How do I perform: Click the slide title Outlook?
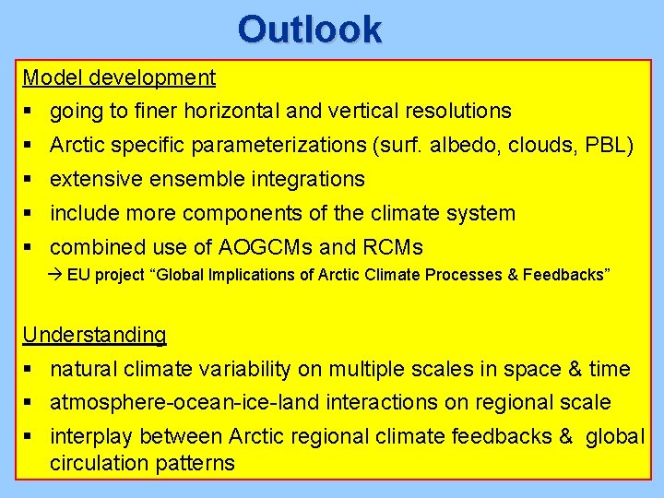pos(309,30)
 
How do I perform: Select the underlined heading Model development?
pos(119,78)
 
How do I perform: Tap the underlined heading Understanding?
pos(94,335)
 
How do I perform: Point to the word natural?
pos(83,370)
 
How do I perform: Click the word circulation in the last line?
pos(99,463)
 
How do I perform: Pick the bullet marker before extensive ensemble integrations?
pos(29,180)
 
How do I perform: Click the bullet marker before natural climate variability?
pos(29,370)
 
